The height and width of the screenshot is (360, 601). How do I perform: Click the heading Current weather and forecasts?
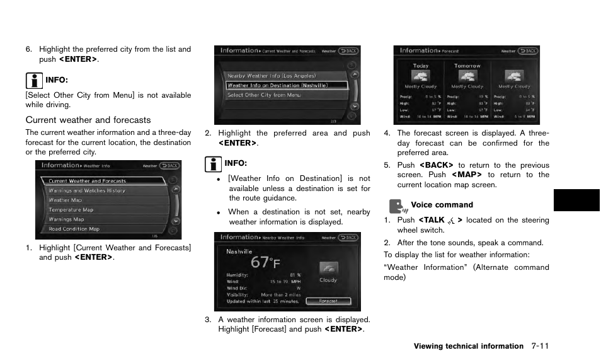[88, 120]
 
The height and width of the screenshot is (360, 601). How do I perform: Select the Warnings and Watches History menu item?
[87, 190]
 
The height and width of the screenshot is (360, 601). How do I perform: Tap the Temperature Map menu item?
[71, 210]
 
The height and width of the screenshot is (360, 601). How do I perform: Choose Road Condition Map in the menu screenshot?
[74, 229]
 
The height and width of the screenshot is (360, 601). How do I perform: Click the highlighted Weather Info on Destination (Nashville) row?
[278, 85]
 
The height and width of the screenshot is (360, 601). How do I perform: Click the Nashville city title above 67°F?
[240, 250]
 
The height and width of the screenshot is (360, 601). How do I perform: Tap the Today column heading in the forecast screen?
[420, 66]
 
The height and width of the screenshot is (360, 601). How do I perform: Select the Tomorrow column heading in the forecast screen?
[467, 66]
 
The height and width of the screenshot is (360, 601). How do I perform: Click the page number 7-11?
[540, 346]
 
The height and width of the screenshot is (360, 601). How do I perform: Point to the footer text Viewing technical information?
[468, 346]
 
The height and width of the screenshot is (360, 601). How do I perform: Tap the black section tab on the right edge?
[576, 200]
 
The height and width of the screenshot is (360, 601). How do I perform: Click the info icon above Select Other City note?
[33, 79]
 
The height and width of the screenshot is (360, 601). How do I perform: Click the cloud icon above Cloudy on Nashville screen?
[328, 268]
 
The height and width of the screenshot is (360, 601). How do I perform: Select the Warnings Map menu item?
[66, 219]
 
